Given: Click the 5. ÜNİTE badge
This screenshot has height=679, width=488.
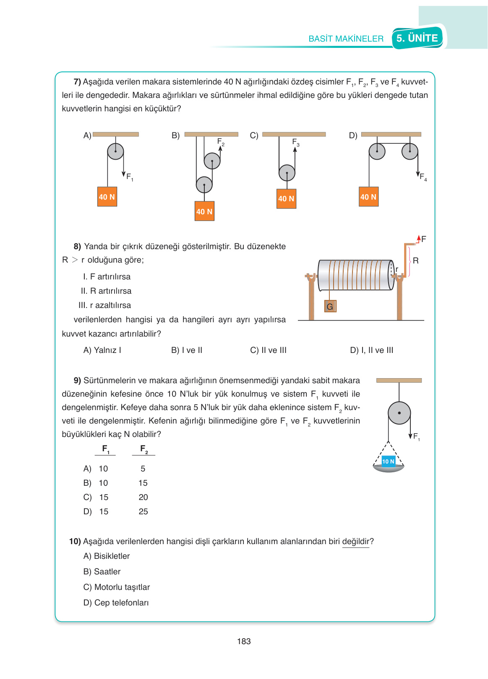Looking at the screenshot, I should click(417, 38).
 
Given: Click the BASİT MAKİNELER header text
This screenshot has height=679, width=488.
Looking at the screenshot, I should click(346, 39).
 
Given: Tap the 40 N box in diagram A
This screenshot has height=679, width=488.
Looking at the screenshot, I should click(107, 197).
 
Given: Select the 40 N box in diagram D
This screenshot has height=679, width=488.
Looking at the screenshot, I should click(368, 197).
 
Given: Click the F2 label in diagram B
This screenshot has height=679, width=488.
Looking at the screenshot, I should click(221, 142).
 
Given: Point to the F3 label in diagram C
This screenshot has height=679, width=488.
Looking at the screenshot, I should click(296, 142).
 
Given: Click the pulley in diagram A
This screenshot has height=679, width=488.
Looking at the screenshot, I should click(115, 151).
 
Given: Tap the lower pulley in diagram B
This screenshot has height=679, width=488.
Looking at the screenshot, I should click(204, 184).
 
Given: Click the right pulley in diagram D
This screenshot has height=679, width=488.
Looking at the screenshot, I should click(410, 151).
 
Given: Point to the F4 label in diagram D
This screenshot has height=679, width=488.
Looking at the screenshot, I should click(423, 177).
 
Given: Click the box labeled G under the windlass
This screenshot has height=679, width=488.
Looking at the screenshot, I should click(330, 306).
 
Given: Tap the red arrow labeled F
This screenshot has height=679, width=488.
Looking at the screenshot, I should click(419, 239).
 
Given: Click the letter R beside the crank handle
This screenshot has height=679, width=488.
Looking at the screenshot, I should click(415, 261).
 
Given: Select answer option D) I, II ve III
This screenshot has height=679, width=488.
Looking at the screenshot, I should click(371, 350).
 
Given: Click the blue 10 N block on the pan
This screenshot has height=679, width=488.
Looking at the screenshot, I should click(388, 461).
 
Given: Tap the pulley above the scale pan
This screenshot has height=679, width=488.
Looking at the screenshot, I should click(399, 413).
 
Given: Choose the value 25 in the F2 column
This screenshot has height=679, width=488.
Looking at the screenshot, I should click(143, 511).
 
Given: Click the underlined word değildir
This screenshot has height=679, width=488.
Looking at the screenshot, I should click(356, 542).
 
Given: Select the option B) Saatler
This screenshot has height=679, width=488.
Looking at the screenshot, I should click(102, 571).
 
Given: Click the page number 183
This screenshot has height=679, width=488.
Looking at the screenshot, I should click(244, 641).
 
